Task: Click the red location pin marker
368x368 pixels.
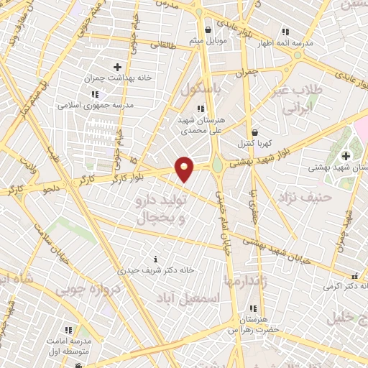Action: click(x=185, y=169)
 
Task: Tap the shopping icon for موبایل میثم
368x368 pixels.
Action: click(x=208, y=30)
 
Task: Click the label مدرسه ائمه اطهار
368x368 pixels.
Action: click(x=287, y=44)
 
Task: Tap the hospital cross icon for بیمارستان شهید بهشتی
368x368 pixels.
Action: click(x=346, y=155)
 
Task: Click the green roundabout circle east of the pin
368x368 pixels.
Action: click(x=217, y=166)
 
